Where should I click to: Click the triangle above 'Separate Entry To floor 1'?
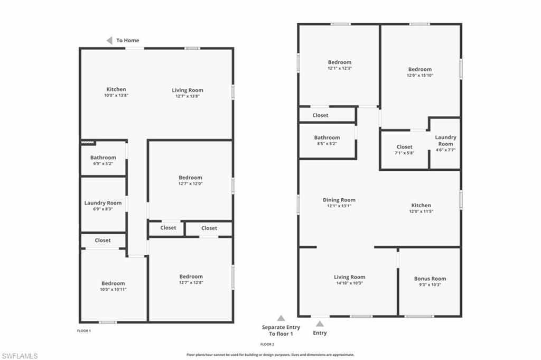click(x=281, y=318)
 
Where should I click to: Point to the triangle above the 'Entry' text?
click(x=320, y=324)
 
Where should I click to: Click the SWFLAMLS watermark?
click(x=20, y=356)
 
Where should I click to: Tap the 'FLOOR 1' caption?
click(x=84, y=331)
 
